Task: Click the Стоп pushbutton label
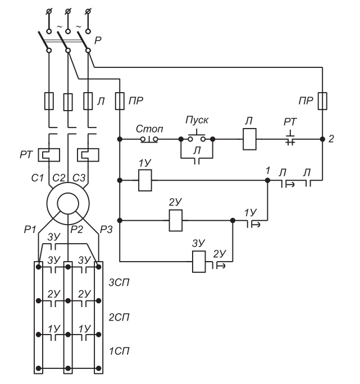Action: (x=149, y=129)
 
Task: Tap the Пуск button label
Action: (x=197, y=120)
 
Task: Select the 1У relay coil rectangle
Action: (x=145, y=180)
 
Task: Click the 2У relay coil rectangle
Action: (x=175, y=221)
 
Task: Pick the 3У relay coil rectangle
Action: (x=199, y=262)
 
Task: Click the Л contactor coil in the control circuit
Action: (x=249, y=139)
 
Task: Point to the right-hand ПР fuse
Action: (x=322, y=101)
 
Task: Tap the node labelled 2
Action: (x=322, y=139)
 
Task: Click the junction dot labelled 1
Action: (x=267, y=180)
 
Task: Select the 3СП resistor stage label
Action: (x=119, y=283)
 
